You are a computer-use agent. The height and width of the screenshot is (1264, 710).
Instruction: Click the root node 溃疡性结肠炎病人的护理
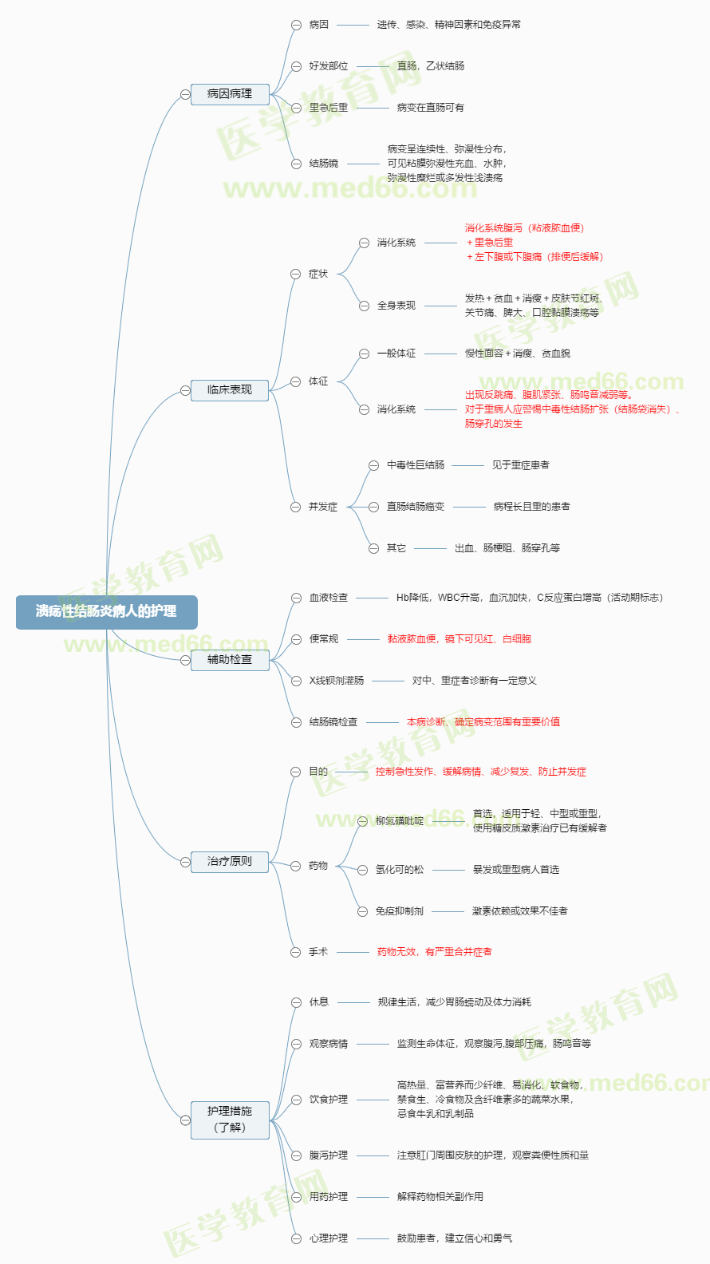107,612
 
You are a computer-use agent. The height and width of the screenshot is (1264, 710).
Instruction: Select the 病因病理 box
230,93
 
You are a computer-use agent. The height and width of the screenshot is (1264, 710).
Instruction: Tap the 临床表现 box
230,390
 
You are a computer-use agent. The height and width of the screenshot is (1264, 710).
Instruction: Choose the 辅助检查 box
230,660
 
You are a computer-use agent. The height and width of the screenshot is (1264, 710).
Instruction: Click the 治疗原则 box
230,862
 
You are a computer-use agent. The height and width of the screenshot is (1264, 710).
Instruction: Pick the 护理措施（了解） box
230,1120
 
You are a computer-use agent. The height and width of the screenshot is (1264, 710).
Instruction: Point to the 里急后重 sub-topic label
329,108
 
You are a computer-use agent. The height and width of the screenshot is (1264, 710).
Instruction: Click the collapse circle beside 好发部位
296,66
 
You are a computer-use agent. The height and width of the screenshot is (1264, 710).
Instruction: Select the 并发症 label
323,508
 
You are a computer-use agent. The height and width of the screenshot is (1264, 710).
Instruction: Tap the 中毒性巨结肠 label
416,465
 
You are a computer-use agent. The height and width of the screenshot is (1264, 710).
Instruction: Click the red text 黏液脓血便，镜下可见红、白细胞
459,639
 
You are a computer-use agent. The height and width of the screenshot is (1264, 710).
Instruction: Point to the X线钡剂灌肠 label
337,681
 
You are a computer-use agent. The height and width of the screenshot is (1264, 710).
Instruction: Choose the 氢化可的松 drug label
399,870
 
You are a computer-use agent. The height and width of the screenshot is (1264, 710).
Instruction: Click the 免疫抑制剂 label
399,911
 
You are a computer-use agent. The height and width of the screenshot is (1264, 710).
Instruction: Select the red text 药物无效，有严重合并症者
434,953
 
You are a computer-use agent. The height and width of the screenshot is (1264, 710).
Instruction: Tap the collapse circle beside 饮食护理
296,1100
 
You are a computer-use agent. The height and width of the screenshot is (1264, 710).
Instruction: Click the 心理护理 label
329,1238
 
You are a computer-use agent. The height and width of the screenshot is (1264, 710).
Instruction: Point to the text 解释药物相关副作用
440,1197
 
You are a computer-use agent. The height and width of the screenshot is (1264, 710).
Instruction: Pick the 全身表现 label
396,306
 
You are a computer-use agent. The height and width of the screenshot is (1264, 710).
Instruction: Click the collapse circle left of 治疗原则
185,863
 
